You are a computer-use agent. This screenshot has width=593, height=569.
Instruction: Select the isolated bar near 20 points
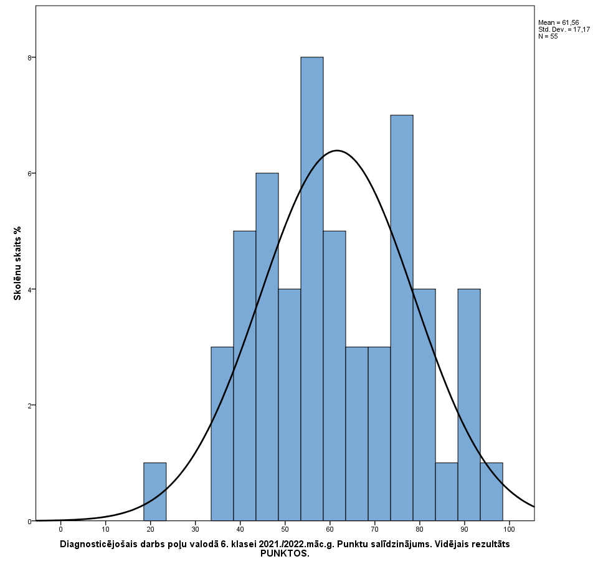(154, 492)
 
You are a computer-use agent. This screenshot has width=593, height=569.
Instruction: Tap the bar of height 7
(401, 317)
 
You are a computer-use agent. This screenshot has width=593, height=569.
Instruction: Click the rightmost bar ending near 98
(491, 492)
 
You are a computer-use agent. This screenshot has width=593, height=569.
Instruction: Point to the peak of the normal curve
(337, 151)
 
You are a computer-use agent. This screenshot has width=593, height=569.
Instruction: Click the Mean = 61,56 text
(558, 22)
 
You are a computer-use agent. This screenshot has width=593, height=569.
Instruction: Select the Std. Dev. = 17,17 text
(564, 29)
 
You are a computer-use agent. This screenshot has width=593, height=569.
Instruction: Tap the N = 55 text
(548, 36)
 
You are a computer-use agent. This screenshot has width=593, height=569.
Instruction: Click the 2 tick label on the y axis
(29, 405)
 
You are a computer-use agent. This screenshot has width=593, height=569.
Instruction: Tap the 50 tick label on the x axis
(285, 529)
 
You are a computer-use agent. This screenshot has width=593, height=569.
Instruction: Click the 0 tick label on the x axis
(60, 529)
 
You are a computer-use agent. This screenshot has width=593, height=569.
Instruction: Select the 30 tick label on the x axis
(195, 529)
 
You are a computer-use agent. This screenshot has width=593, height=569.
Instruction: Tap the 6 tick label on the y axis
(29, 173)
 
